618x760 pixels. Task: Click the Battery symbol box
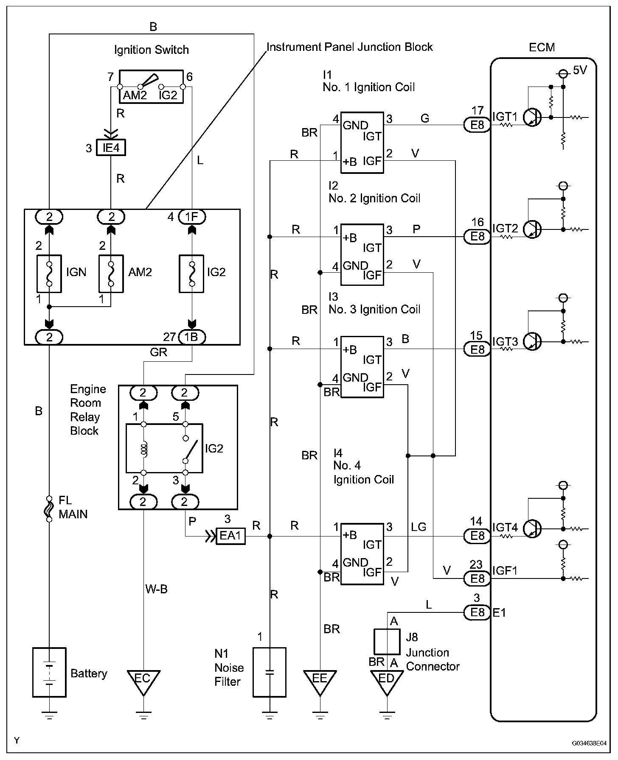49,672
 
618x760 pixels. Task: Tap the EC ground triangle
143,682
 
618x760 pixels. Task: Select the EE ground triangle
320,682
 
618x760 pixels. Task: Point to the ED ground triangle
386,682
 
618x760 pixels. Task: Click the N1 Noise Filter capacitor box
270,672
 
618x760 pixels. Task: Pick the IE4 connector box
111,148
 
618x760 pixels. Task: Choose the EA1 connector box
231,536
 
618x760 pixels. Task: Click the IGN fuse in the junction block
49,274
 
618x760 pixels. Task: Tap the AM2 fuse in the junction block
111,274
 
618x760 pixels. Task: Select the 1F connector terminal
192,217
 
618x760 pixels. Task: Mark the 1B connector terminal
192,337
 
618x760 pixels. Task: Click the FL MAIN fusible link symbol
49,509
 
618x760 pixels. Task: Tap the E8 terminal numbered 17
477,125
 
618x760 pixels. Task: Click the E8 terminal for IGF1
477,578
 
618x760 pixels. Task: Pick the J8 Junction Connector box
386,642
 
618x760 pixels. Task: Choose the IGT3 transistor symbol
532,341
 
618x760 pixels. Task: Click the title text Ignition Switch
152,50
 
